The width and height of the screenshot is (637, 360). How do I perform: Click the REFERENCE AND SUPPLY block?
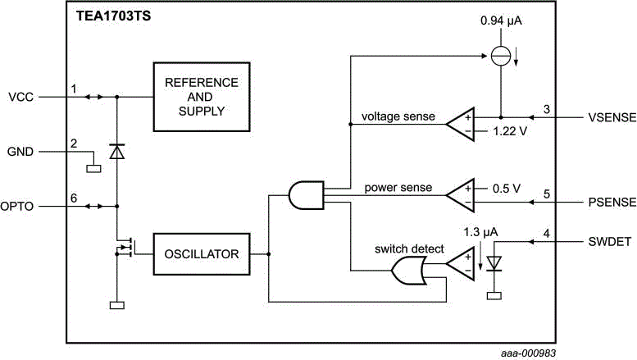coord(201,96)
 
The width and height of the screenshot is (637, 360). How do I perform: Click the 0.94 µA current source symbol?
coord(500,57)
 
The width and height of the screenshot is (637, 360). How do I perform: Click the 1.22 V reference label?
coord(511,131)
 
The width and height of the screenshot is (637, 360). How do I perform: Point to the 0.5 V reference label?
coord(507,187)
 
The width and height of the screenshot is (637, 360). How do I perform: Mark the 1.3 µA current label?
coord(480,231)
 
